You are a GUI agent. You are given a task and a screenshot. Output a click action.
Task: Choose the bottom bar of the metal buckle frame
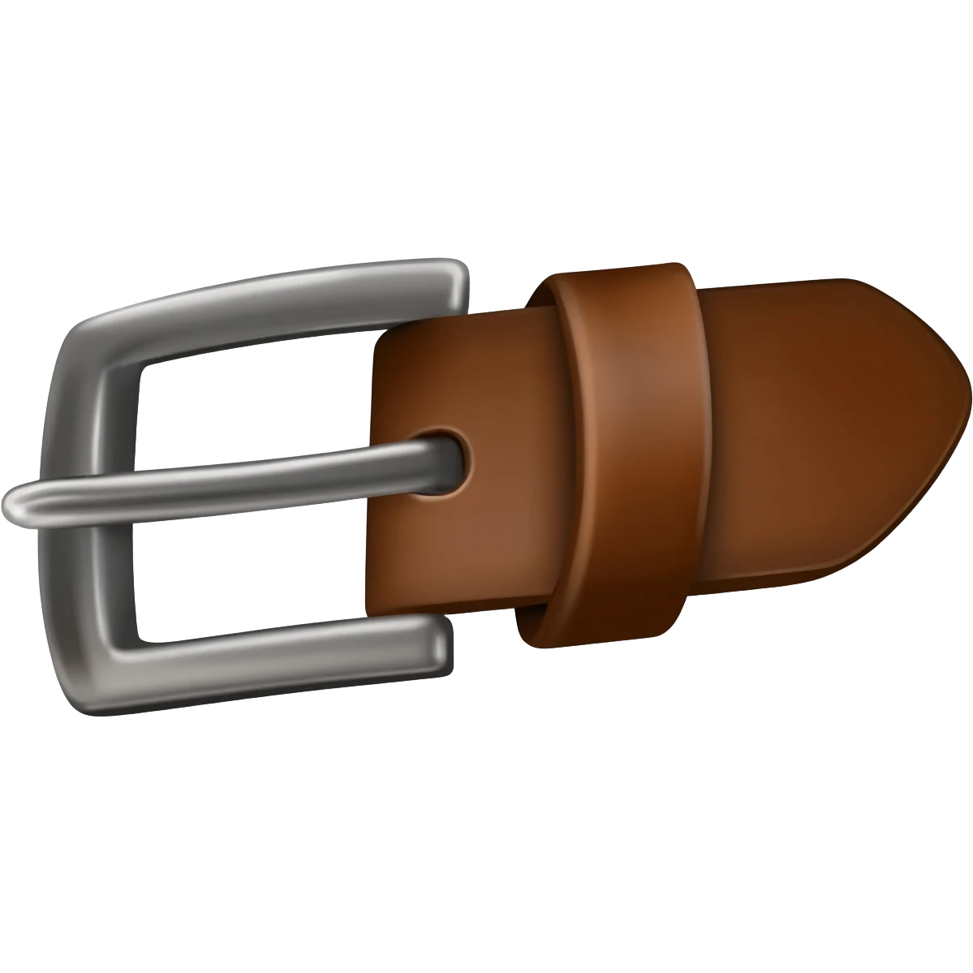[276, 649]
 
